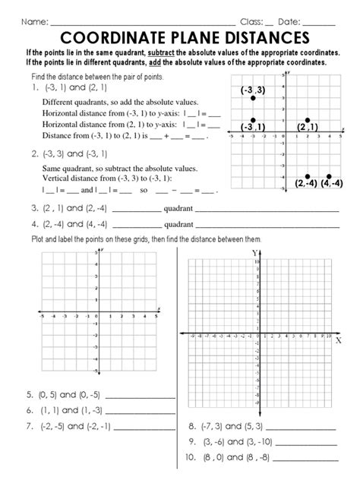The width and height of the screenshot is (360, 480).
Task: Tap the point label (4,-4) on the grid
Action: pyautogui.click(x=333, y=183)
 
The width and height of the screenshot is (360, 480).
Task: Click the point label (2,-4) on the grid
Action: pyautogui.click(x=307, y=183)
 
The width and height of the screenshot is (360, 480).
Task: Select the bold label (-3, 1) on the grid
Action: pyautogui.click(x=251, y=127)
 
